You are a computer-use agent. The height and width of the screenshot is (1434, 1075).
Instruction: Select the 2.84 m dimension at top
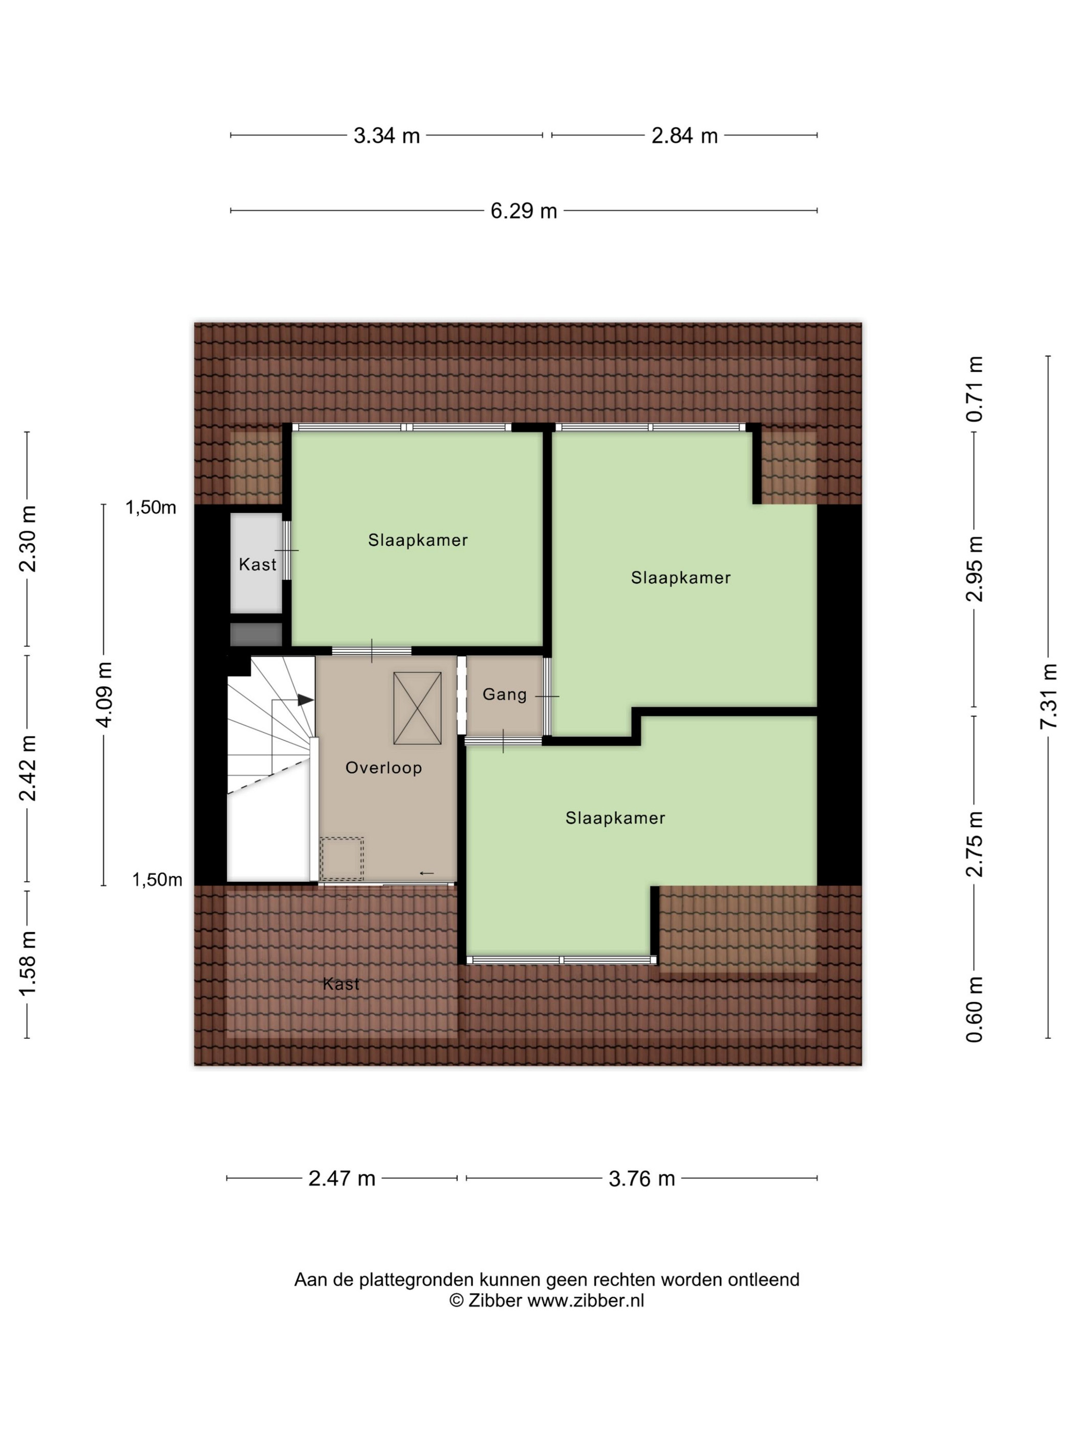coord(684,136)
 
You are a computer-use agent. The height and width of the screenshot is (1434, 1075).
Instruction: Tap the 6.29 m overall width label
coord(524,210)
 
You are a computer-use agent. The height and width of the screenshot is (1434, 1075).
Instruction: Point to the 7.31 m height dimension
coord(1048,695)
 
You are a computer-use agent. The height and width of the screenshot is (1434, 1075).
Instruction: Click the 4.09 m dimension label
coord(104,694)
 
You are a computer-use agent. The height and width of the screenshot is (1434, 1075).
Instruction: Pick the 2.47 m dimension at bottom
coord(341,1178)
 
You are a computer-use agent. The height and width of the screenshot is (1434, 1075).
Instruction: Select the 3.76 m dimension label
coord(641,1178)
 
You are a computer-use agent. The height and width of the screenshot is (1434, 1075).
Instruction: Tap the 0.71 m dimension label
coord(974,389)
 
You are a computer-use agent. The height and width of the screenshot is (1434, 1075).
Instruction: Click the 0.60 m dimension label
coord(974,1009)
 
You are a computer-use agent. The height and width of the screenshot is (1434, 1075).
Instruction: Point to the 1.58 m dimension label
coord(27,963)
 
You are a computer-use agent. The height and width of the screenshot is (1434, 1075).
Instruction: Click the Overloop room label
coord(383,768)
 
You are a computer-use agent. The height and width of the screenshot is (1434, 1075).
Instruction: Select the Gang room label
coord(505,695)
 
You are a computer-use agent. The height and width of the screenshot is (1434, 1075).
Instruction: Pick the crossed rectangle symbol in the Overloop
coord(417,708)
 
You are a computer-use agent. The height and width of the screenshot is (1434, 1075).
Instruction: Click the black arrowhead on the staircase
coord(306,700)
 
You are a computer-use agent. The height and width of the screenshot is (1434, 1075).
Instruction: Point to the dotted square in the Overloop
coord(341,859)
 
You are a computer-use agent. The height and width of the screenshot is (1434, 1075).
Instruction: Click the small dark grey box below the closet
coord(256,634)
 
